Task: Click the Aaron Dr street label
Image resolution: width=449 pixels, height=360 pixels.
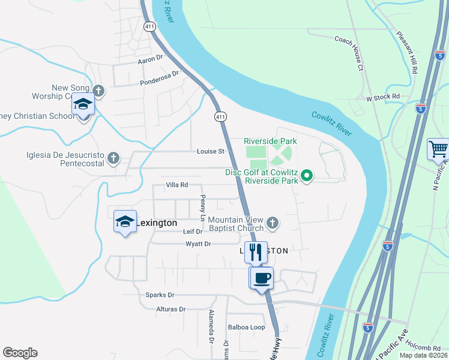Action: (150, 58)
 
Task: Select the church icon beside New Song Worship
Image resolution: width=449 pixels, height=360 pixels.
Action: (98, 91)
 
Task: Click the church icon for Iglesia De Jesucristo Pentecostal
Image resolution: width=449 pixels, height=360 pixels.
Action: (113, 158)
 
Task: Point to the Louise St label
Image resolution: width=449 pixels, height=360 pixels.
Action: (210, 151)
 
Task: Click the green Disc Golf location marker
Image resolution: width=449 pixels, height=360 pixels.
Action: (307, 176)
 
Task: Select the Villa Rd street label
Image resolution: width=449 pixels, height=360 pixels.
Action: (177, 185)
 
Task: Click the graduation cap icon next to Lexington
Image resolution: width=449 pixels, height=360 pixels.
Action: (125, 222)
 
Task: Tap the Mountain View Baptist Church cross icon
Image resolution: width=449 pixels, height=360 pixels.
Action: (273, 223)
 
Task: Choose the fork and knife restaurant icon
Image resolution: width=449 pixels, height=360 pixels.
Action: (256, 251)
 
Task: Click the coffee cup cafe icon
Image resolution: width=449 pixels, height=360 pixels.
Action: (262, 278)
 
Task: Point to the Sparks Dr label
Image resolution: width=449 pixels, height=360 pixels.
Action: (160, 295)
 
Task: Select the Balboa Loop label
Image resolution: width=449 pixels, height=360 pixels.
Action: (246, 327)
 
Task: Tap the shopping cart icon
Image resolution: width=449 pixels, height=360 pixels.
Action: (438, 149)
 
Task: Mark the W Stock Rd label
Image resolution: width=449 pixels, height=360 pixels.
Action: (382, 97)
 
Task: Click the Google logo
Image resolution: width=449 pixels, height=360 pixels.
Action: (20, 353)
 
